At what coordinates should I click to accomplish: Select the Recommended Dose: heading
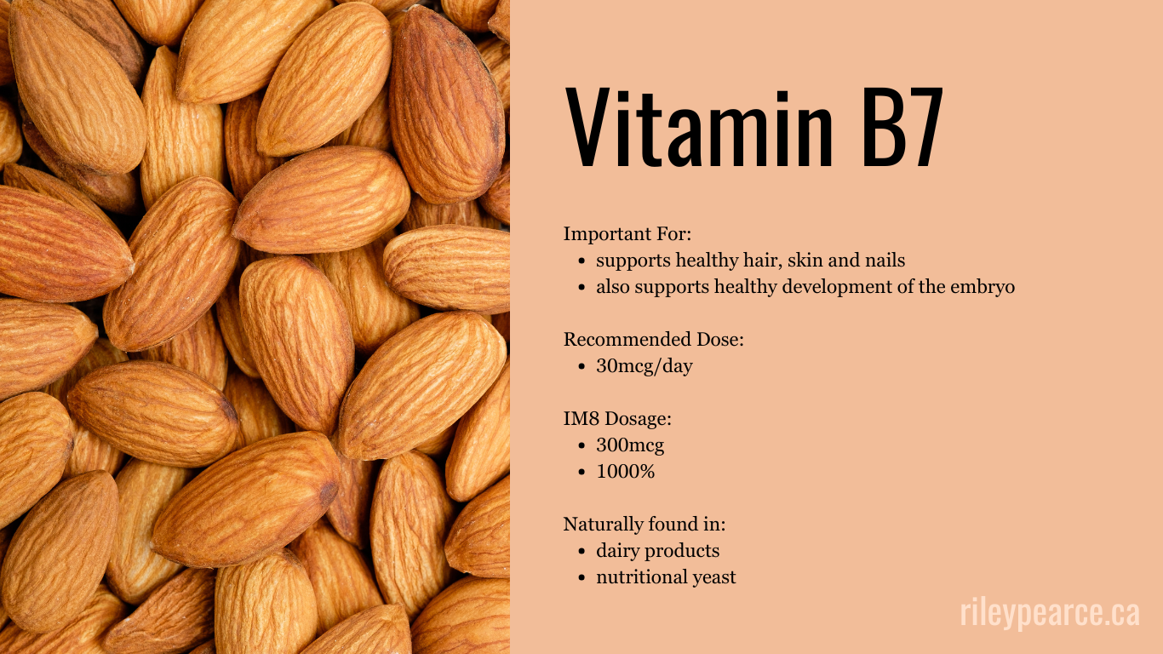click(x=654, y=339)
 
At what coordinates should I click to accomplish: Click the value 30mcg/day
click(x=645, y=366)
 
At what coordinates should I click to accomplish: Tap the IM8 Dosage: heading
click(x=618, y=419)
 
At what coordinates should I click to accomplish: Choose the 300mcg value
click(x=630, y=445)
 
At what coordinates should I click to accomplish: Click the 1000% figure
click(x=626, y=472)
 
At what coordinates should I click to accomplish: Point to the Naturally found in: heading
click(x=645, y=525)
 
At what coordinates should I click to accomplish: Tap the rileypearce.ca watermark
click(x=1049, y=613)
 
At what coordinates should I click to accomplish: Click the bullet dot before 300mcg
click(x=581, y=446)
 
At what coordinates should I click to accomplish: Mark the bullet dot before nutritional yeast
click(x=581, y=578)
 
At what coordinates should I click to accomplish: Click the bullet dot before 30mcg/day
click(x=581, y=367)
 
